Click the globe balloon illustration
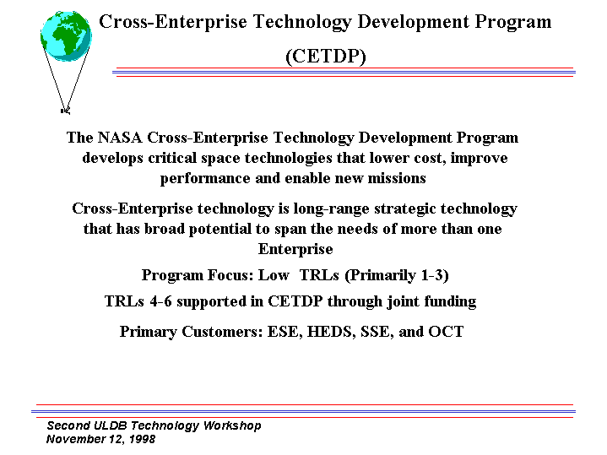pos(66,36)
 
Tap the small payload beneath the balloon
pos(65,111)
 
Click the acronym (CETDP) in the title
pos(326,57)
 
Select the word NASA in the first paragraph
pos(120,138)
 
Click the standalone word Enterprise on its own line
pos(295,249)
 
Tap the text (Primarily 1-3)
pos(397,276)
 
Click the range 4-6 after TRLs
pos(160,301)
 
